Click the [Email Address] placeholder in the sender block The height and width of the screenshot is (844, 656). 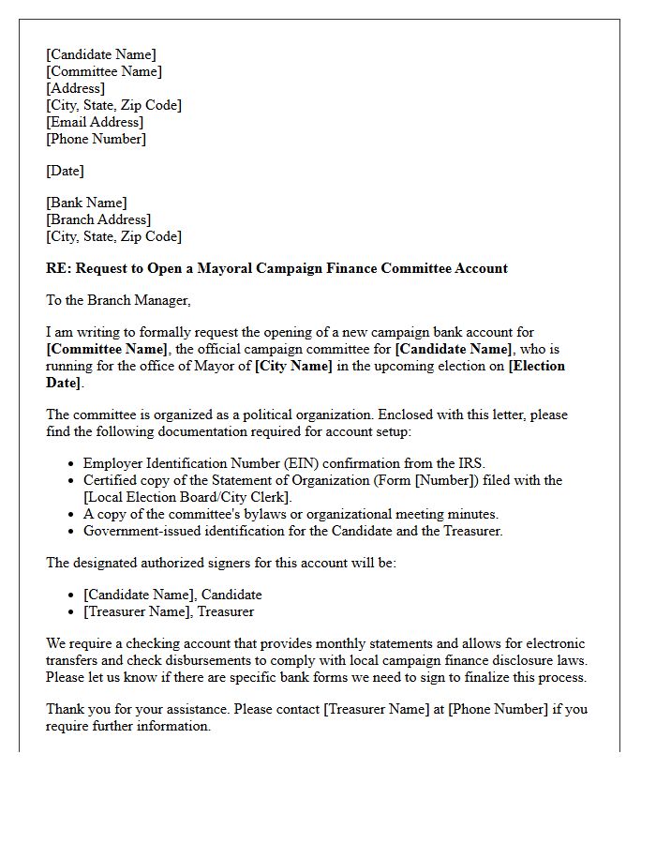(x=95, y=122)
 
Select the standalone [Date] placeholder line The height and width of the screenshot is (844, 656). (x=65, y=171)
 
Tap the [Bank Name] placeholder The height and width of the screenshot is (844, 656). (x=86, y=203)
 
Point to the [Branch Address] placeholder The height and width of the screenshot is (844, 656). (x=98, y=219)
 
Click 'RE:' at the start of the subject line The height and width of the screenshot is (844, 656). (x=58, y=268)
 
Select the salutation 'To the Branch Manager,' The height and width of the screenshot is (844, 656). (x=118, y=300)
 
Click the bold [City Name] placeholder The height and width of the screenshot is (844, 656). (x=293, y=366)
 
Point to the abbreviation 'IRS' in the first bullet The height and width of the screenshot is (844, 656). (x=472, y=463)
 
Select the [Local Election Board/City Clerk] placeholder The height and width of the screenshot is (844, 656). (x=187, y=497)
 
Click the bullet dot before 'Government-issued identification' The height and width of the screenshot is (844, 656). (x=72, y=531)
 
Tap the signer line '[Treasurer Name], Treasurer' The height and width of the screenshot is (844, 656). (x=169, y=611)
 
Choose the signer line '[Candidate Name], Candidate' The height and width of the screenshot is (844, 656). (x=172, y=595)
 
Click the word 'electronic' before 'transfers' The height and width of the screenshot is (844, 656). (x=551, y=643)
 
